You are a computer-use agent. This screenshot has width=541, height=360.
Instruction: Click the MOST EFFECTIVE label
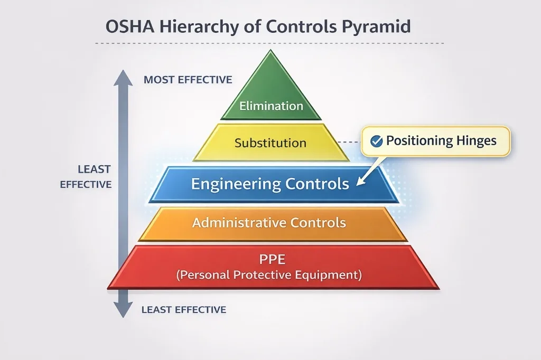188,80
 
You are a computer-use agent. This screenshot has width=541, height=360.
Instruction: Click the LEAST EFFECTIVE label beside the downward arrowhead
183,310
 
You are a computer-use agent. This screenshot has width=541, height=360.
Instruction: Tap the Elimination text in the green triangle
271,106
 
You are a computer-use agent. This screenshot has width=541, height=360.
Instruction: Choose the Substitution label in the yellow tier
270,143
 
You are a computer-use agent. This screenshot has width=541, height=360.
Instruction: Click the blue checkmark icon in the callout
377,141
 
